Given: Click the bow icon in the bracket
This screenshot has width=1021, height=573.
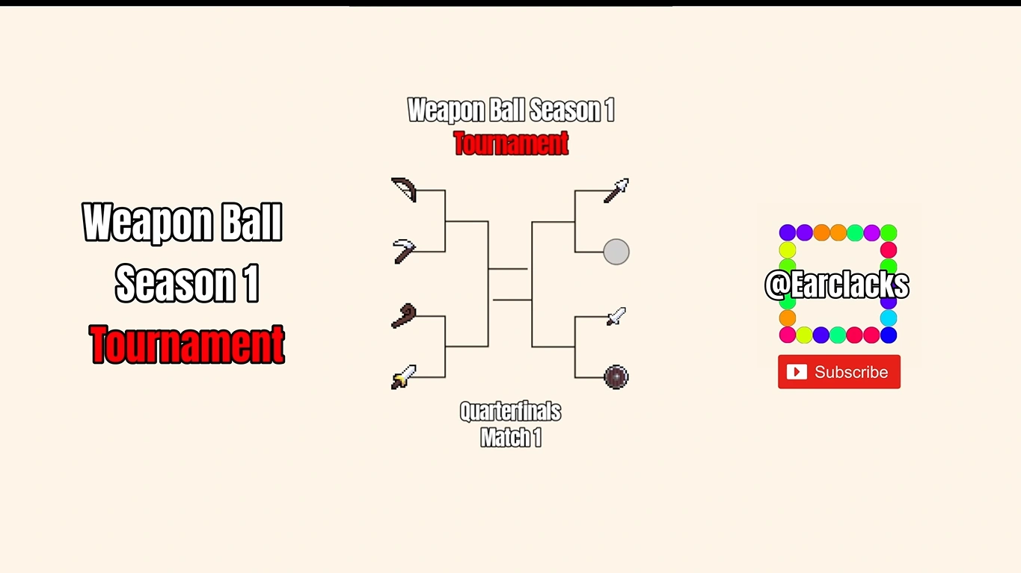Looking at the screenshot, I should pyautogui.click(x=404, y=190).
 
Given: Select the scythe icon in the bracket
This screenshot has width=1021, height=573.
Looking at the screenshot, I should pyautogui.click(x=405, y=251).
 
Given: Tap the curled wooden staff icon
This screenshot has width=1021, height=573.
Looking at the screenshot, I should pyautogui.click(x=405, y=316).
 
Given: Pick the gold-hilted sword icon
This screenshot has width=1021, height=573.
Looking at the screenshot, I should pyautogui.click(x=404, y=377).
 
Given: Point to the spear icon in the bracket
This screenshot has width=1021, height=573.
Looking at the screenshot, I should pyautogui.click(x=616, y=191).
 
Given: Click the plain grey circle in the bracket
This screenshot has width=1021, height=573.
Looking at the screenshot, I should pyautogui.click(x=616, y=252).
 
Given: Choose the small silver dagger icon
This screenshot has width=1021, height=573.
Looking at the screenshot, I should pyautogui.click(x=616, y=316).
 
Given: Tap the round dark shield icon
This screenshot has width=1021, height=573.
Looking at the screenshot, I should pyautogui.click(x=616, y=377).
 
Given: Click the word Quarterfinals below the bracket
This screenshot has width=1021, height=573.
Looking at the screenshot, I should pyautogui.click(x=510, y=412).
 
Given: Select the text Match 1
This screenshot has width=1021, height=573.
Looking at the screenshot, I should pyautogui.click(x=510, y=437).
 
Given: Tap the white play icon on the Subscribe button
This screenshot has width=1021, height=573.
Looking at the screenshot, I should pyautogui.click(x=797, y=372).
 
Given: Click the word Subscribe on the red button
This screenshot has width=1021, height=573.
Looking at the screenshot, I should pyautogui.click(x=851, y=372).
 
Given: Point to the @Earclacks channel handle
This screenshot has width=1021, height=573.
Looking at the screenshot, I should pyautogui.click(x=837, y=285).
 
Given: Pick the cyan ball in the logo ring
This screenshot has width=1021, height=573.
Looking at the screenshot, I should pyautogui.click(x=889, y=318).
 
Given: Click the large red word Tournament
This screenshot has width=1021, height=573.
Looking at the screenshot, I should pyautogui.click(x=187, y=344).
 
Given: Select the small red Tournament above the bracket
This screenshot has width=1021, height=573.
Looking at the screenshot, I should pyautogui.click(x=511, y=143).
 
